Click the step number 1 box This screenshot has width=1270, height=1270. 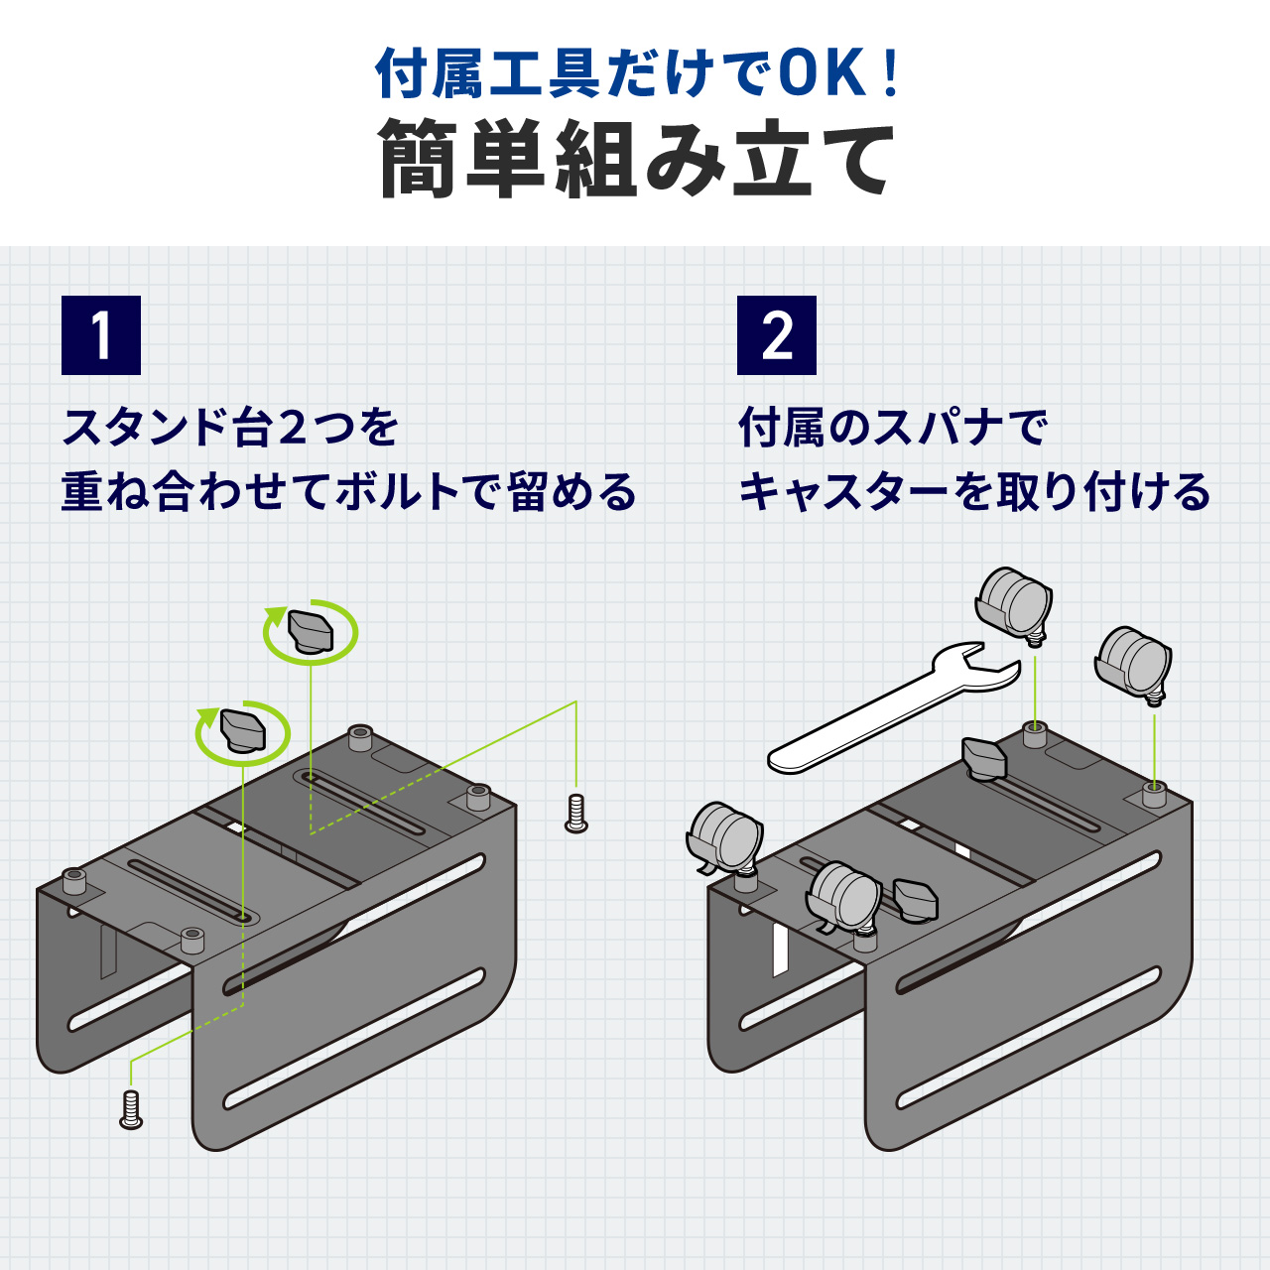pyautogui.click(x=101, y=335)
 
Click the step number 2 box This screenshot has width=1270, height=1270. pyautogui.click(x=776, y=335)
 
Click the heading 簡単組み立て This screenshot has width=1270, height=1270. pyautogui.click(x=635, y=159)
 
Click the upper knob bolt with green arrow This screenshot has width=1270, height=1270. pyautogui.click(x=310, y=631)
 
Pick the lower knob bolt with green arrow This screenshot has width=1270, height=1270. pyautogui.click(x=242, y=732)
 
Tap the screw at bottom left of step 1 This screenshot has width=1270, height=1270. pyautogui.click(x=131, y=1107)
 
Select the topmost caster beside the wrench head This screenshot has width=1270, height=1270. pyautogui.click(x=1013, y=601)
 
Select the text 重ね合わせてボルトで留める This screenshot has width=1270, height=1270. pyautogui.click(x=348, y=492)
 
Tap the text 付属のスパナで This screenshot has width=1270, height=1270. pyautogui.click(x=893, y=428)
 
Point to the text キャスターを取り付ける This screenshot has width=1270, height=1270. pyautogui.click(x=974, y=492)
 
